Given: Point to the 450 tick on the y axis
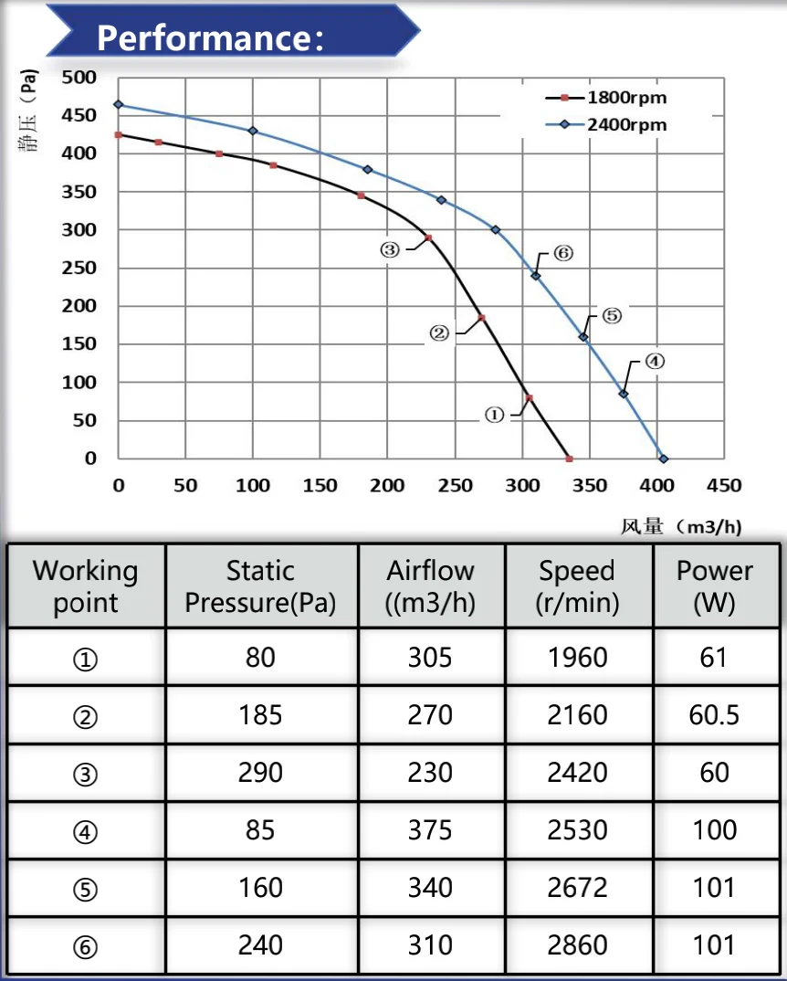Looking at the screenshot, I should point(79,115).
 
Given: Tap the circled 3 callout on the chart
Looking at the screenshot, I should point(390,249).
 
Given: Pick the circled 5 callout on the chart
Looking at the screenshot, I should point(611,316).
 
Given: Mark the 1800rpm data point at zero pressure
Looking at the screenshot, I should point(569,459).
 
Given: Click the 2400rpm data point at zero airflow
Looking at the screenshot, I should point(118,105).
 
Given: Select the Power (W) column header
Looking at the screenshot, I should point(715,586).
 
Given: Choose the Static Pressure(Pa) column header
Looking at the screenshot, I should point(260,586).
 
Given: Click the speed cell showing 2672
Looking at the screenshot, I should point(577,887).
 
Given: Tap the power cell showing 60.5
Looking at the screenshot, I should point(714,714).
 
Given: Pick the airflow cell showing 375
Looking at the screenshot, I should point(430,829).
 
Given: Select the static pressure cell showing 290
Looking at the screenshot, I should point(260,772).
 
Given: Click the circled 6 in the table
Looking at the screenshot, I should point(85,946).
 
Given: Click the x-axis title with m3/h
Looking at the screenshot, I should point(680,526).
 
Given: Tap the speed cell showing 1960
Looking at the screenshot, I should point(577,657).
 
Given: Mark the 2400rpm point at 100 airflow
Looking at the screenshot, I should point(253,132).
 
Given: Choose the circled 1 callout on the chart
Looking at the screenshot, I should point(493,415).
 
